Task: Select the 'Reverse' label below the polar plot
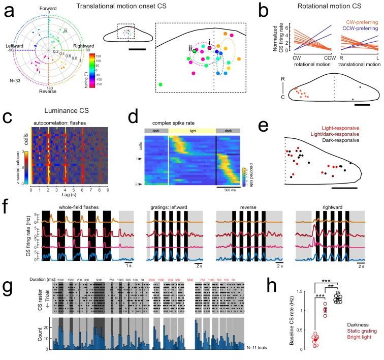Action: coord(48,92)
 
